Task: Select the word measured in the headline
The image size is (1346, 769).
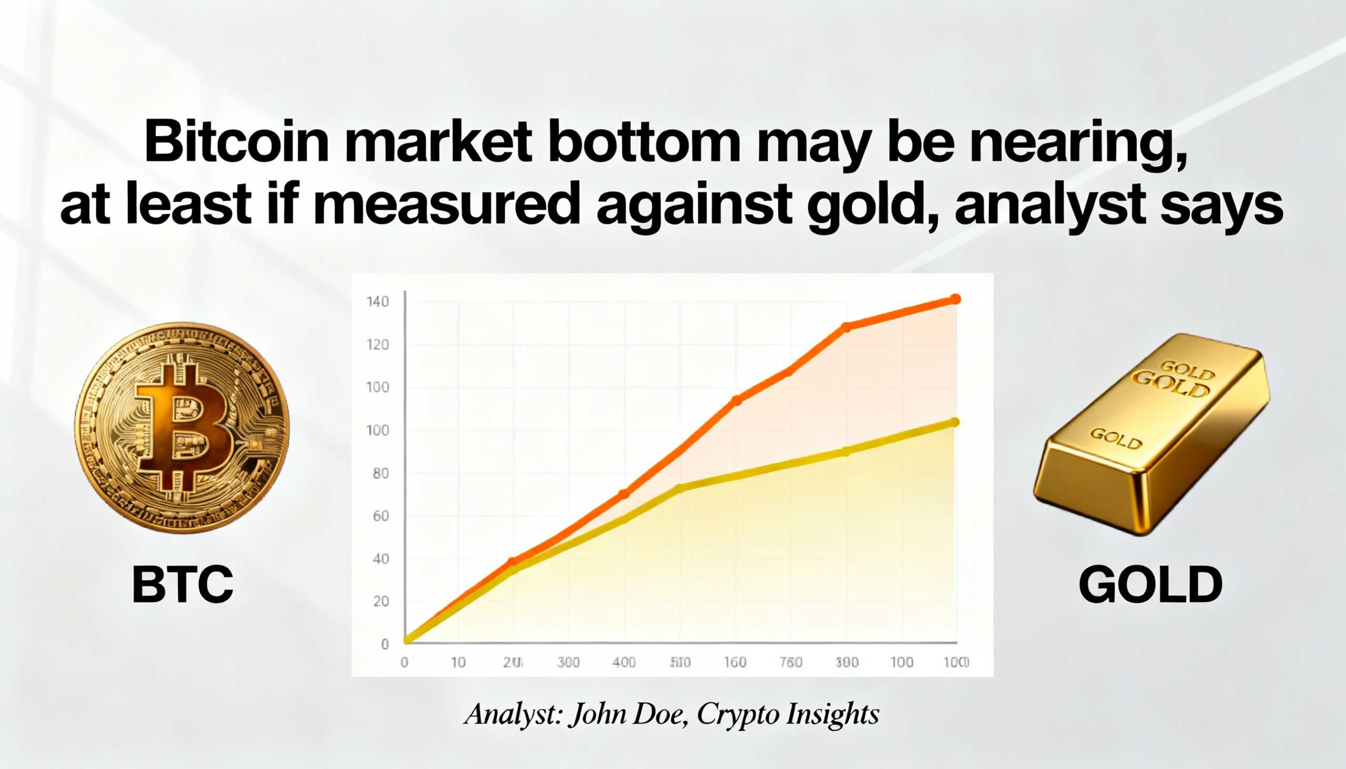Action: click(446, 203)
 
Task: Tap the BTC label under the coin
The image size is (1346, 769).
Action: click(182, 585)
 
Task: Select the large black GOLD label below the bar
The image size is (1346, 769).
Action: click(1150, 585)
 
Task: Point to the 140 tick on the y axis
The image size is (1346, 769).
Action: click(378, 302)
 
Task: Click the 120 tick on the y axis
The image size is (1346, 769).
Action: click(378, 345)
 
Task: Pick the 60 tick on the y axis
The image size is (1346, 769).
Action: click(380, 516)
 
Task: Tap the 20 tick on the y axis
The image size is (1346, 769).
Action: click(380, 601)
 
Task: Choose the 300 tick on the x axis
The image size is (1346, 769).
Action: click(568, 662)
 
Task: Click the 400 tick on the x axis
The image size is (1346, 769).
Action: click(624, 662)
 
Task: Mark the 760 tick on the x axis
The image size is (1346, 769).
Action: click(791, 662)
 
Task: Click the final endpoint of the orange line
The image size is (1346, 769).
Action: click(955, 300)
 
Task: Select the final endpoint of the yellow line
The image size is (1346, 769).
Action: click(955, 422)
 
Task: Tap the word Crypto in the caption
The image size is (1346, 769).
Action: click(738, 715)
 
